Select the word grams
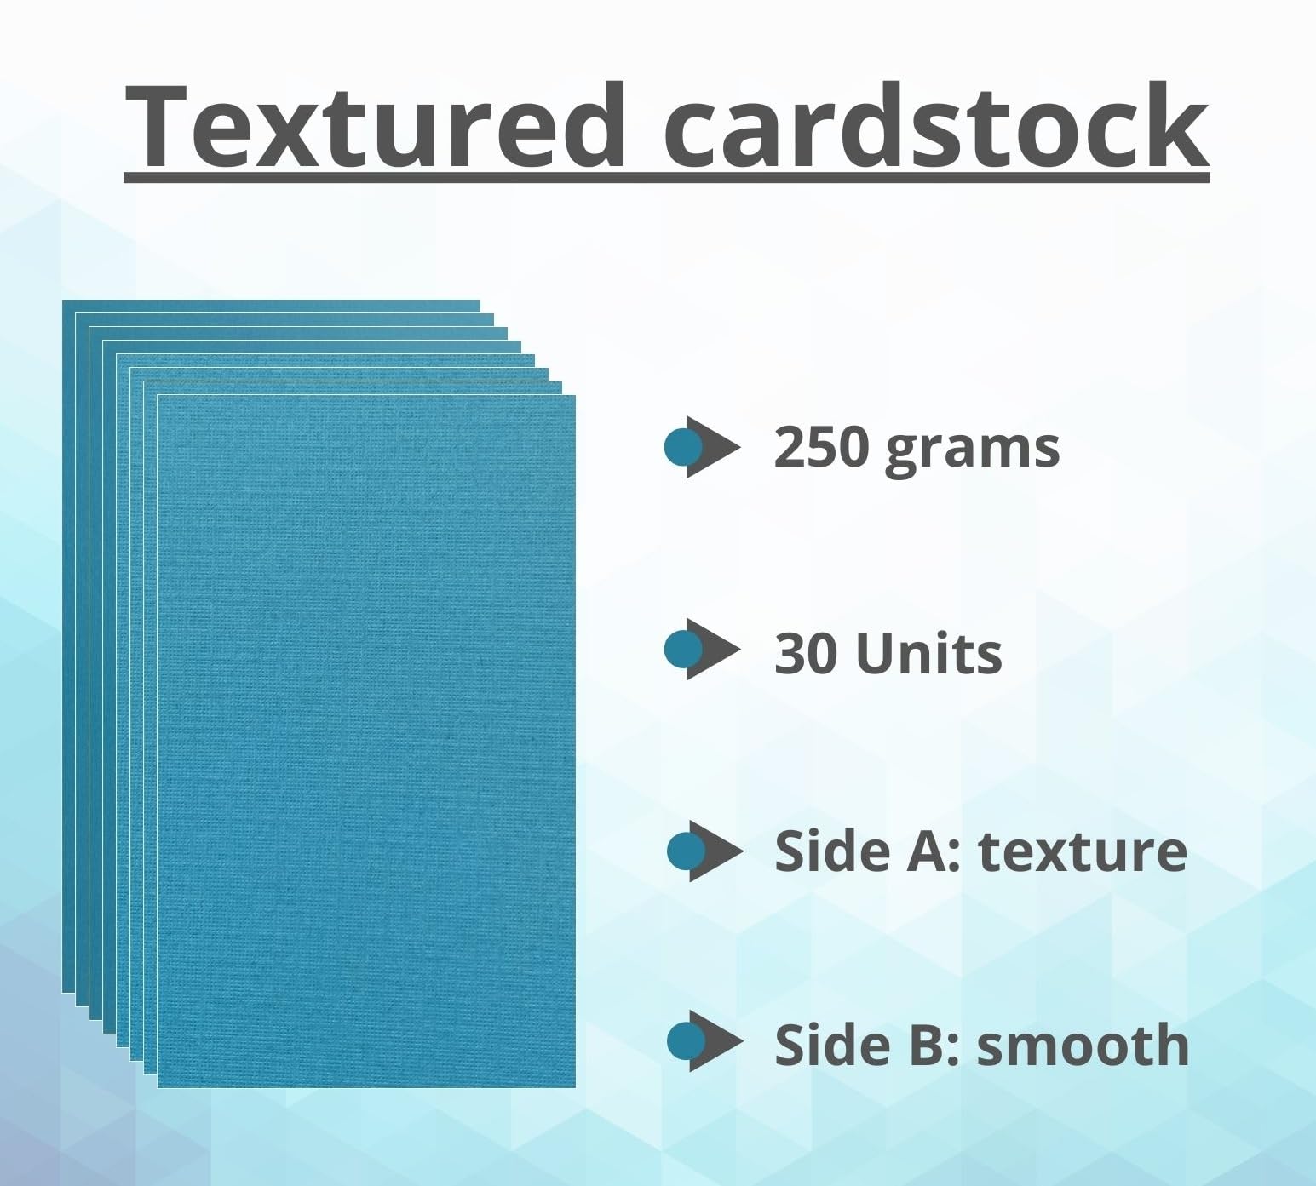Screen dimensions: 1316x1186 (x=972, y=451)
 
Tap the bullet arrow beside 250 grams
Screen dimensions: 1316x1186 (x=701, y=448)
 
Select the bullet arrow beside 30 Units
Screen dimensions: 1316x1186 (x=701, y=650)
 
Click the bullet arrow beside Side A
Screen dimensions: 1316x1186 (x=704, y=851)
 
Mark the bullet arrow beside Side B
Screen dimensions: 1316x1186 (x=704, y=1041)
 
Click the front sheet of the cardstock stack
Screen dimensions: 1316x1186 (x=366, y=742)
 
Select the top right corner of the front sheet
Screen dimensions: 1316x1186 (x=575, y=396)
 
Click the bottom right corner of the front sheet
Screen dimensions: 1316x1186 (x=575, y=1087)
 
